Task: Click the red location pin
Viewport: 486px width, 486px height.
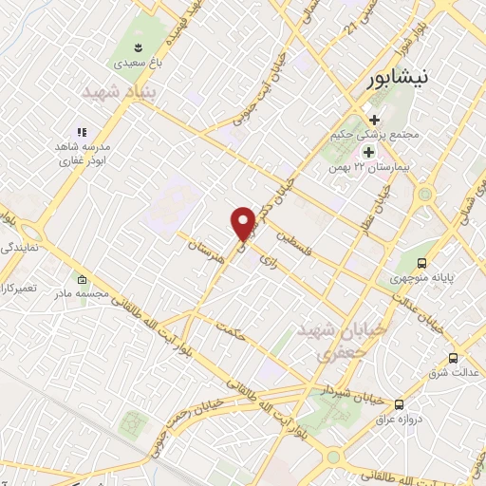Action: click(x=244, y=222)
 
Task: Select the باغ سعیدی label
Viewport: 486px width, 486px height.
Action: click(x=139, y=65)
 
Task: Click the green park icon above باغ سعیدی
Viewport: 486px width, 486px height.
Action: click(x=139, y=47)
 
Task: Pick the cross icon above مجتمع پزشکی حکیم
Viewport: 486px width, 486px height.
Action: click(x=375, y=120)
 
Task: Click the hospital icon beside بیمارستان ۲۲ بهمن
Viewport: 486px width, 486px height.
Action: click(x=366, y=152)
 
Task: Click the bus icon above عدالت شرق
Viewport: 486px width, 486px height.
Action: click(x=454, y=359)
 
